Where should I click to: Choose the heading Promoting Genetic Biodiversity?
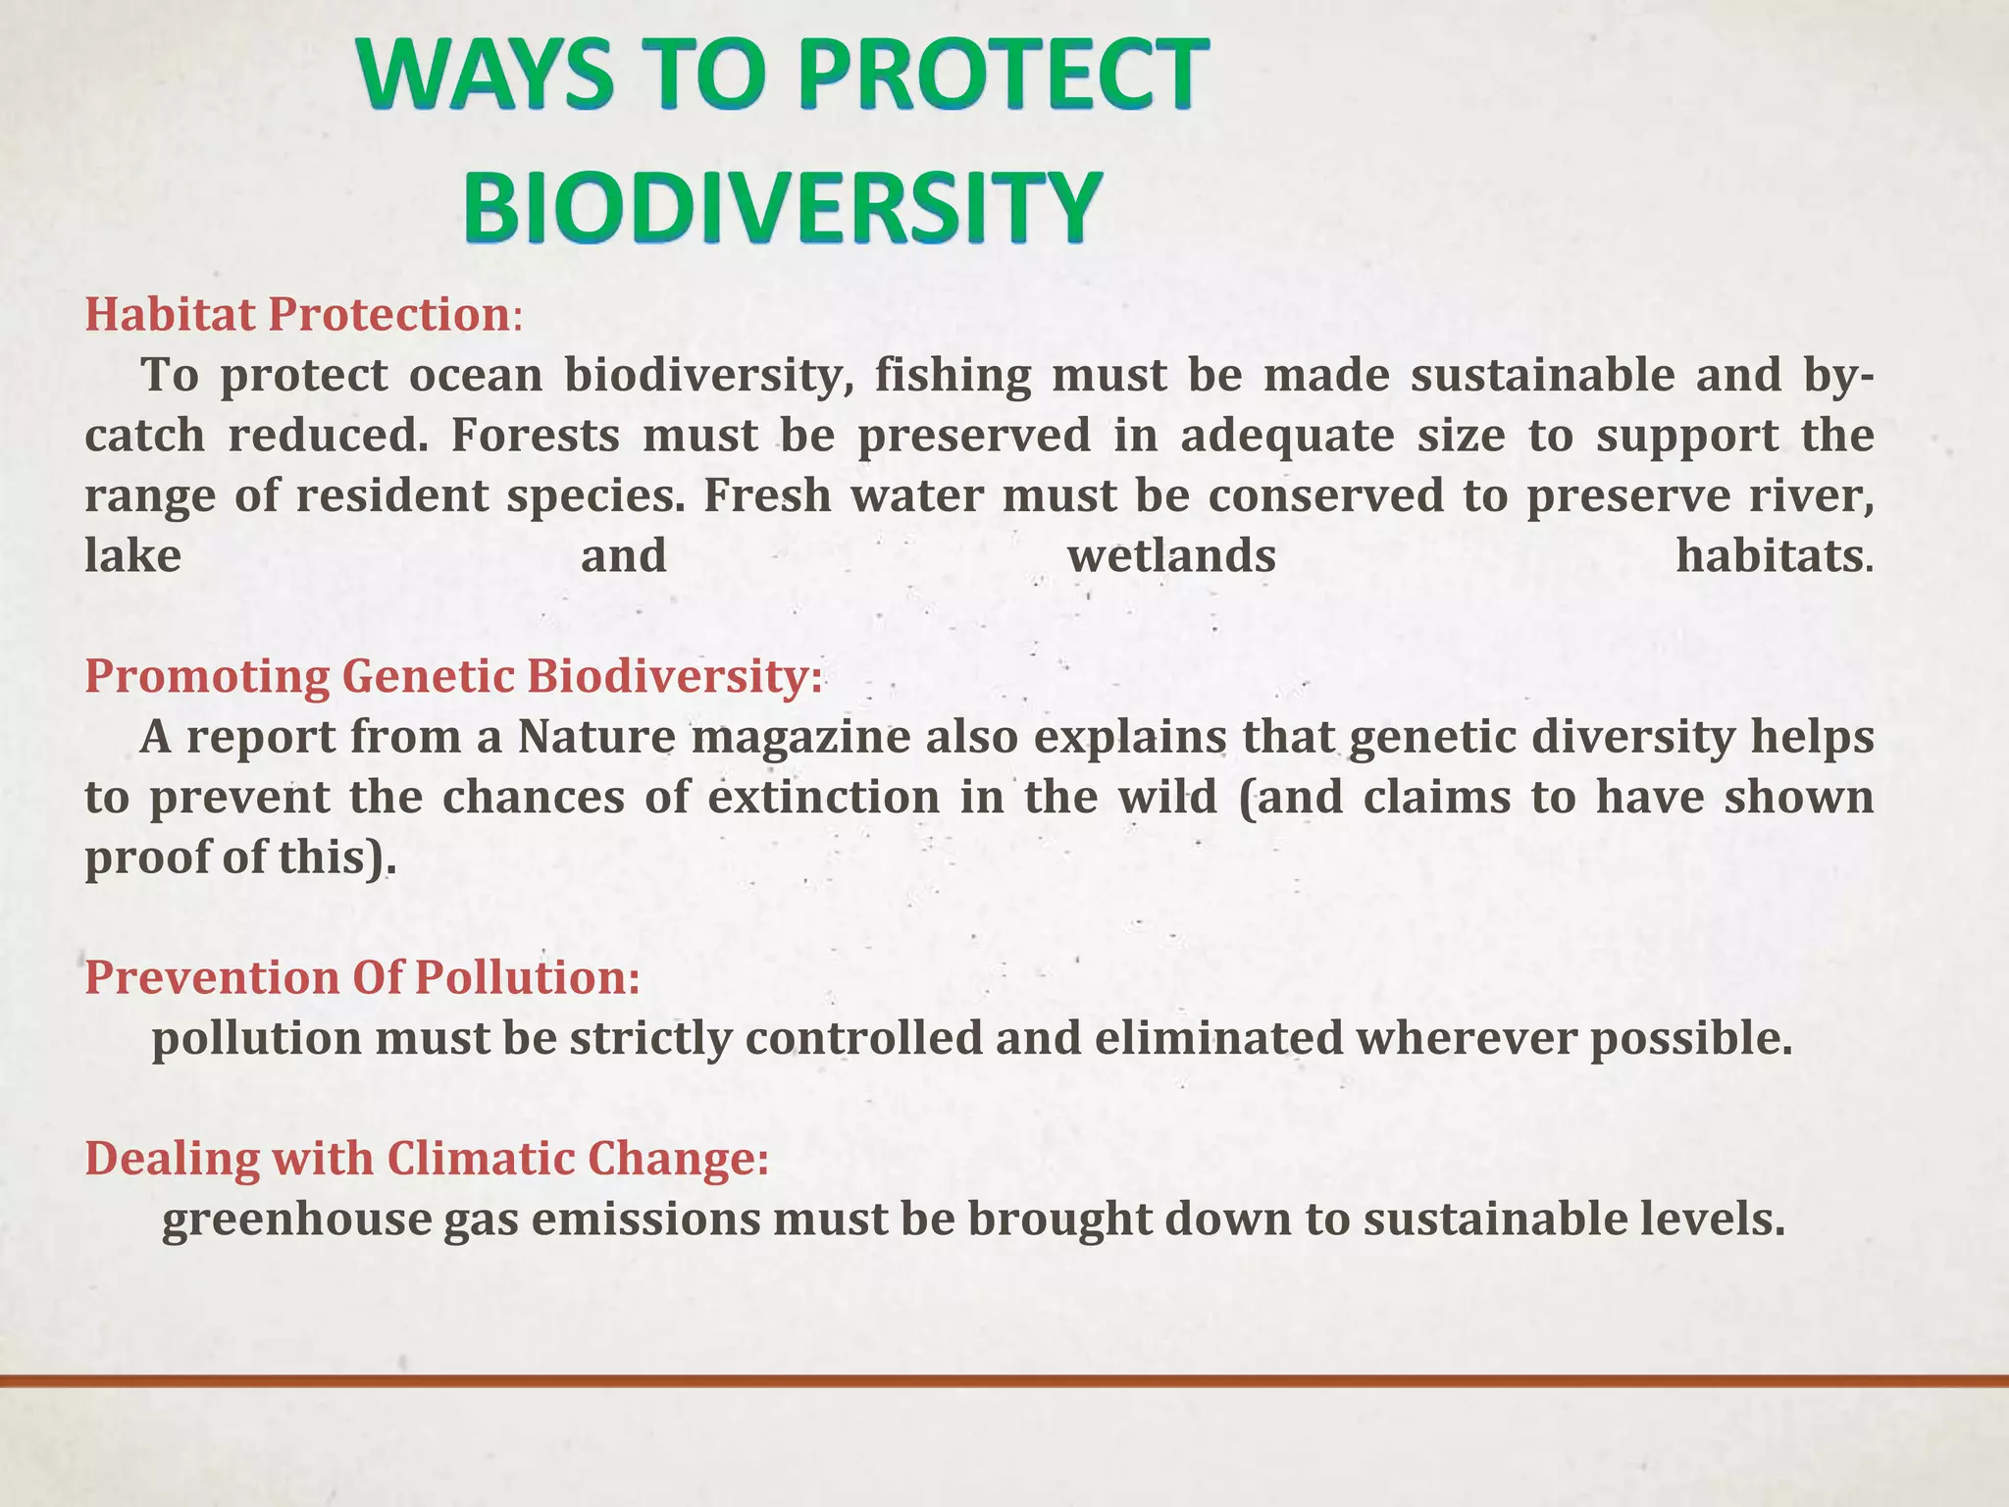pos(452,677)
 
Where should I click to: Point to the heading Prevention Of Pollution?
pos(362,978)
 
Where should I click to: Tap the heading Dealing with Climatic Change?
pos(427,1159)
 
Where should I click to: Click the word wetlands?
pos(1171,556)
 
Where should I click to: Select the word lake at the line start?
pos(133,556)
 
